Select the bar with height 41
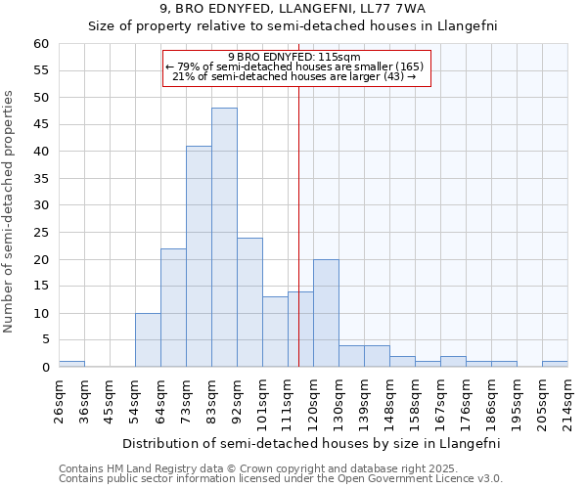(199, 256)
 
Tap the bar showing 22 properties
(173, 308)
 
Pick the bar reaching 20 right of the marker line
(326, 313)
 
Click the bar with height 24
(249, 302)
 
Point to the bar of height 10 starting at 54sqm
(148, 340)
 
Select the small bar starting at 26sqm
(71, 364)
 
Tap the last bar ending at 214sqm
(555, 364)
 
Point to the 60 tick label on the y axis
(41, 44)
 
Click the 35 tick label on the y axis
(41, 179)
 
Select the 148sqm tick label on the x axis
(389, 399)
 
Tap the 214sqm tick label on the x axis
(567, 399)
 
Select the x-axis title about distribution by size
(311, 443)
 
